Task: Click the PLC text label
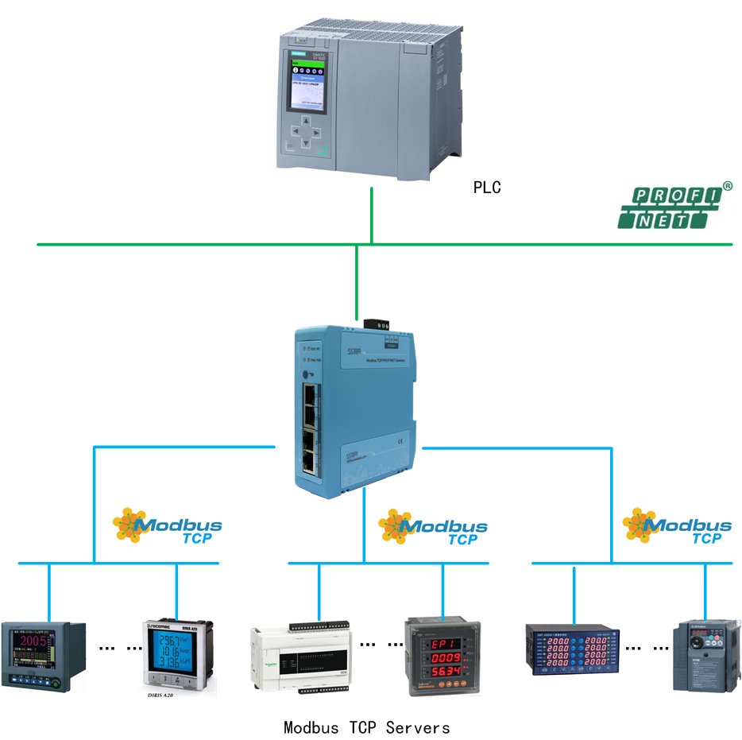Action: click(x=487, y=188)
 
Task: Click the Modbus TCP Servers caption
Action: click(x=366, y=727)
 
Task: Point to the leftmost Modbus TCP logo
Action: click(x=166, y=525)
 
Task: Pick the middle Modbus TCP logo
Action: click(x=432, y=527)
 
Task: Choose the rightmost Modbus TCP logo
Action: click(x=676, y=525)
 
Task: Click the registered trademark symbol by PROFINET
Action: click(x=727, y=186)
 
